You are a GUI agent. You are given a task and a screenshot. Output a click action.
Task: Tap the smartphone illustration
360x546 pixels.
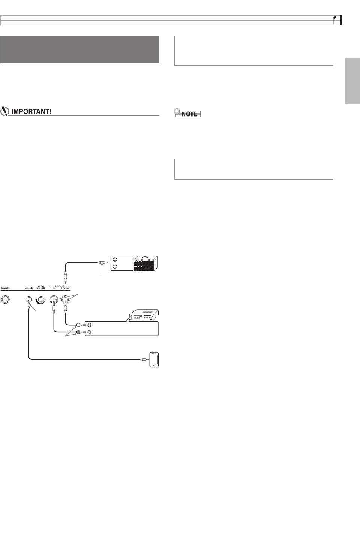154,359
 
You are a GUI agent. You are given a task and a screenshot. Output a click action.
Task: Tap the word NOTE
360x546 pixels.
190,114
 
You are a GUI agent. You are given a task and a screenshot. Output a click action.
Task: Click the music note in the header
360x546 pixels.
336,20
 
